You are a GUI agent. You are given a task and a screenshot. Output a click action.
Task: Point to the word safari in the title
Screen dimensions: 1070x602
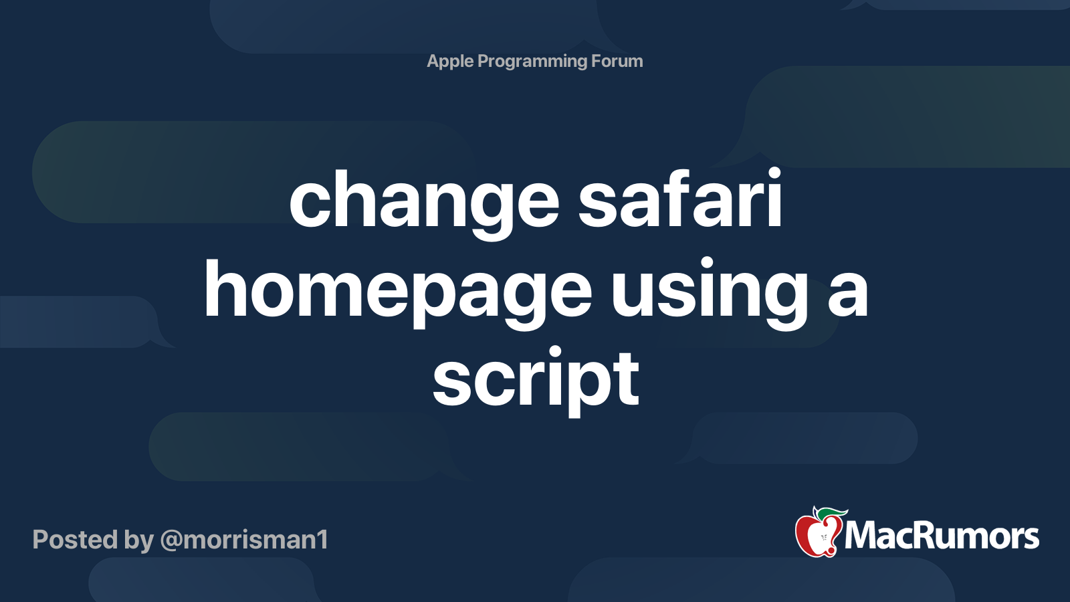click(x=679, y=197)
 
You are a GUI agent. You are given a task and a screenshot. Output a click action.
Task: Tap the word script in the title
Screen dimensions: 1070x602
click(x=536, y=381)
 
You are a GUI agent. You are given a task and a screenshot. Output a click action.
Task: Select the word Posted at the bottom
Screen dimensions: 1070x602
click(x=75, y=539)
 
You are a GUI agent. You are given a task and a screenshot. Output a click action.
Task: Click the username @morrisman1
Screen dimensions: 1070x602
click(x=244, y=540)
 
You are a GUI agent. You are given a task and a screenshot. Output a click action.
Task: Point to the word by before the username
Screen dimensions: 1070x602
click(x=139, y=540)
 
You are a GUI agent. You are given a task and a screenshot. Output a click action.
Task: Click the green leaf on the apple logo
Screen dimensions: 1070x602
click(x=832, y=512)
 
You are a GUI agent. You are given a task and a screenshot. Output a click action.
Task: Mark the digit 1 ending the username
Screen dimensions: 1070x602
click(x=322, y=539)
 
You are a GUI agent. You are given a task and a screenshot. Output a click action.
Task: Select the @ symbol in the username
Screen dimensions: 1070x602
click(x=171, y=541)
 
